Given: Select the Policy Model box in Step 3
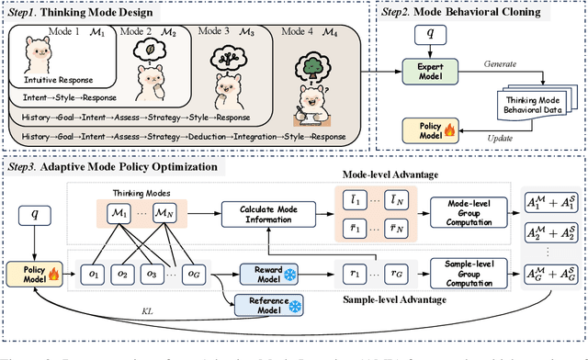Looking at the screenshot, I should tap(32, 271).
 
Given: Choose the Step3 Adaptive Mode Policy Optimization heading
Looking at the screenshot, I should tap(119, 167).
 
